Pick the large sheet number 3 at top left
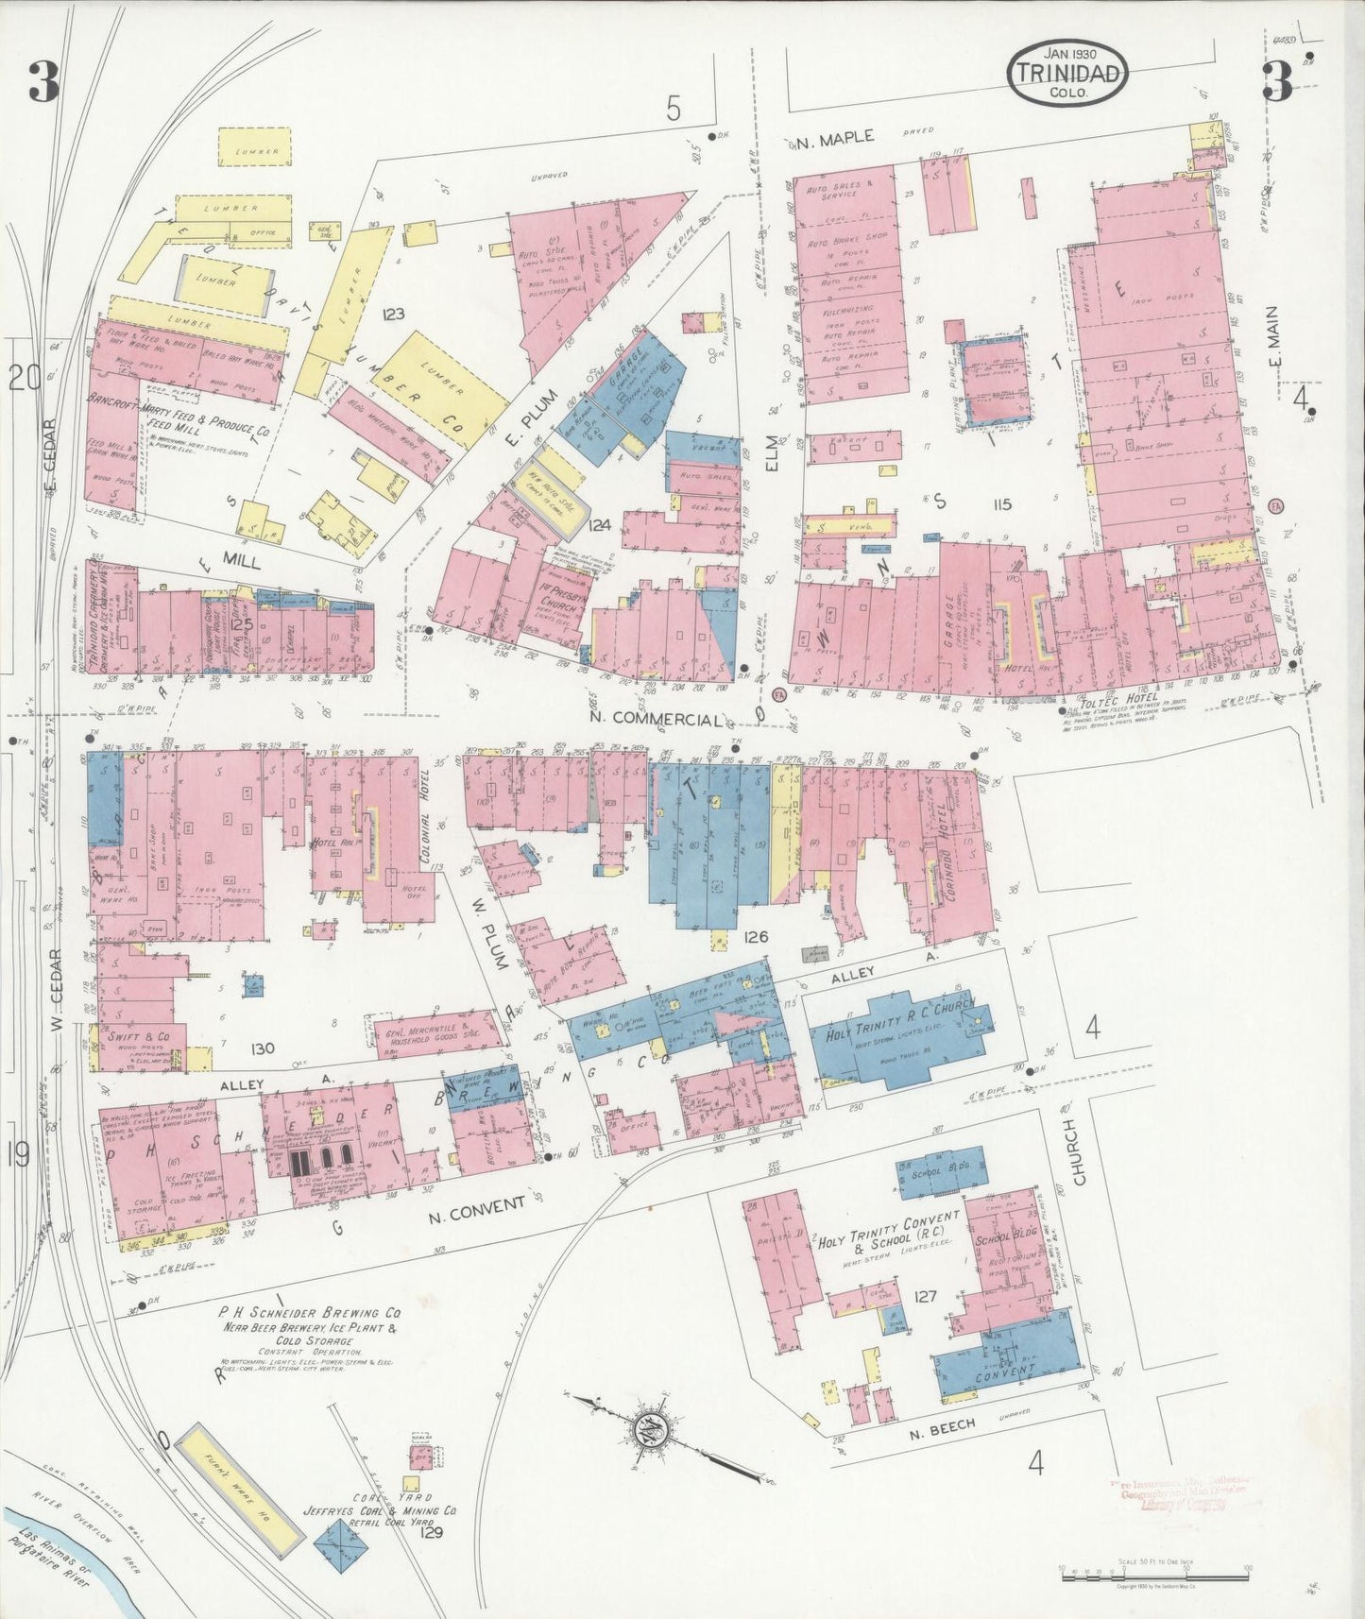click(43, 82)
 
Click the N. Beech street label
click(941, 1428)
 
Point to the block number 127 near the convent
click(925, 1296)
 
